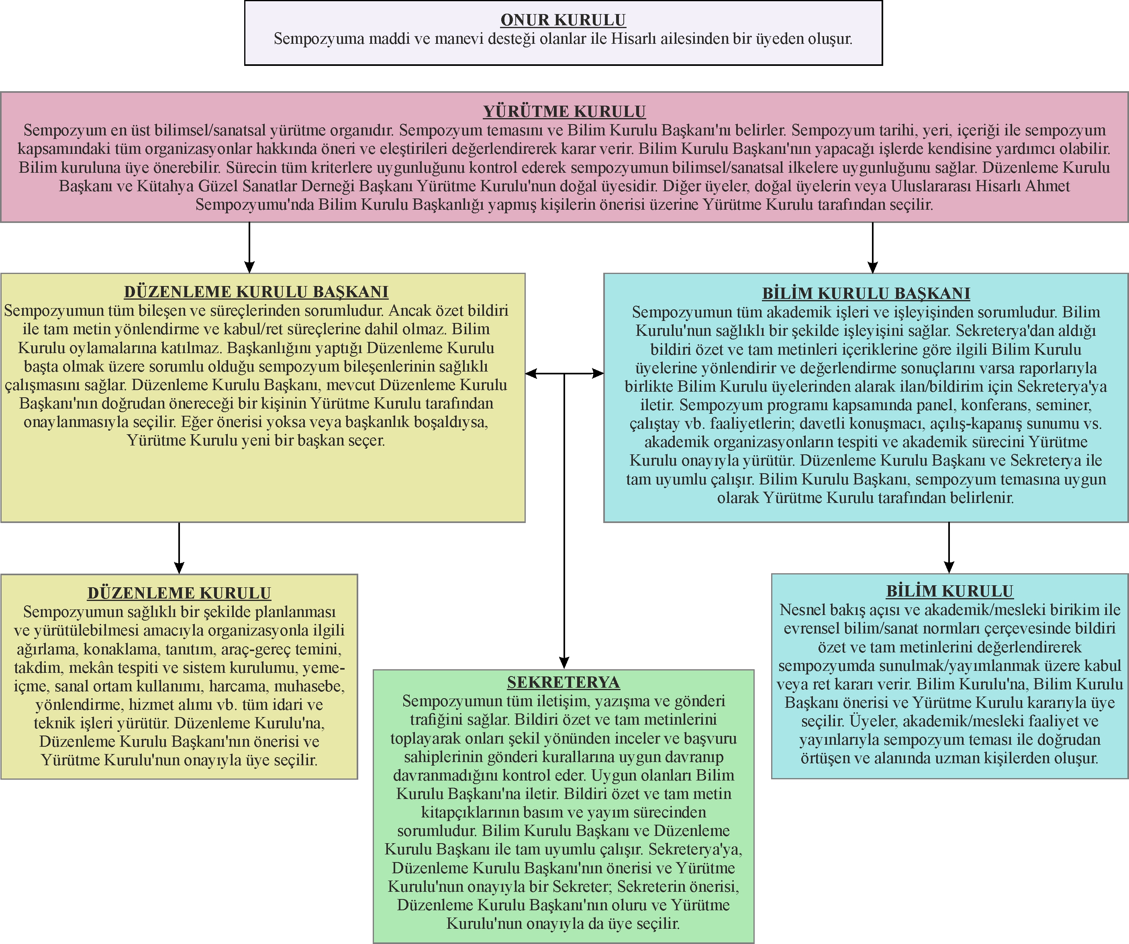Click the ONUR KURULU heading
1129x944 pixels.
pos(563,20)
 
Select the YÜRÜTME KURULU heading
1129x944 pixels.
pos(564,111)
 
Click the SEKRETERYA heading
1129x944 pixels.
pos(563,682)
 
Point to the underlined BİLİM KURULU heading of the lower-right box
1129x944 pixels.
pos(949,591)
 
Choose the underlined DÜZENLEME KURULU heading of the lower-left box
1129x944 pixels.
pos(179,593)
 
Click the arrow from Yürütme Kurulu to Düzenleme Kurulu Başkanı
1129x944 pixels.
pos(249,247)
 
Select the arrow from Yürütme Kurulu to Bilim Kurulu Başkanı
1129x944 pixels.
pos(873,247)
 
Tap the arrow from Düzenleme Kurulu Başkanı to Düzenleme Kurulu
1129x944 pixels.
pos(179,548)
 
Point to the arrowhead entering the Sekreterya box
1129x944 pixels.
pos(564,663)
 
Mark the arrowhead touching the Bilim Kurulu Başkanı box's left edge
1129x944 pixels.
pos(597,373)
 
